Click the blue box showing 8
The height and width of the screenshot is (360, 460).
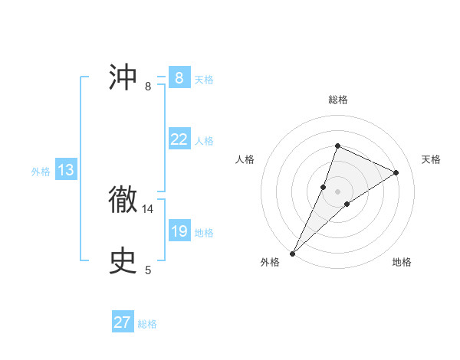click(179, 78)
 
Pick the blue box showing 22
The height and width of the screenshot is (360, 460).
click(179, 139)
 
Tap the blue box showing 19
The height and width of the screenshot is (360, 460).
click(179, 231)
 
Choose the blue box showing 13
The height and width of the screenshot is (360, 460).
click(66, 170)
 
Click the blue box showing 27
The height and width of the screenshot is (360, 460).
click(123, 322)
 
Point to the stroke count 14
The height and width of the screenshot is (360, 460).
click(148, 208)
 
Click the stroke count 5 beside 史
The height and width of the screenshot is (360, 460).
click(148, 270)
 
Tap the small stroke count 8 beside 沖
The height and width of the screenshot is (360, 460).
click(148, 86)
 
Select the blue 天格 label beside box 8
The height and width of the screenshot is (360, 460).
click(204, 79)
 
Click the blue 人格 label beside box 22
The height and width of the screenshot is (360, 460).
click(204, 140)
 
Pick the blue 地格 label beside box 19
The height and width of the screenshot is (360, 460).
click(204, 232)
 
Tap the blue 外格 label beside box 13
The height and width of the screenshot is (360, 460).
click(41, 172)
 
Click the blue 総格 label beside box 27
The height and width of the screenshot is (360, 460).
click(147, 324)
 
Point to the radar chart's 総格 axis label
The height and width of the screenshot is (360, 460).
click(337, 100)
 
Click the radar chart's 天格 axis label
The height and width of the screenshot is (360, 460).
click(432, 159)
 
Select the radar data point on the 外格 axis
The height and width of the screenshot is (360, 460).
click(292, 253)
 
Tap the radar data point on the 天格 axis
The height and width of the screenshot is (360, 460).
click(396, 172)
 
